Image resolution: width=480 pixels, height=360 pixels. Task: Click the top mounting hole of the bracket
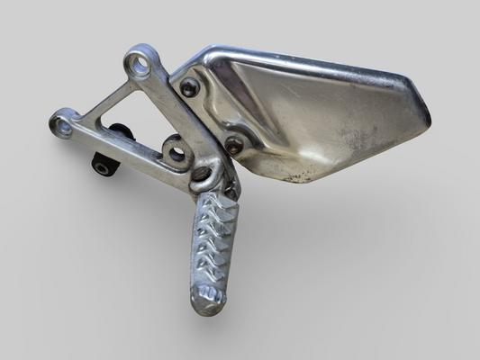[138, 63]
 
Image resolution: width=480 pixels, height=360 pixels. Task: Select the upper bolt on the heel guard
[191, 87]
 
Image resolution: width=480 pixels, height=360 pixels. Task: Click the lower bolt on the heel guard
[233, 144]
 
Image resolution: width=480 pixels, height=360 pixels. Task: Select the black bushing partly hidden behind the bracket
[122, 132]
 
